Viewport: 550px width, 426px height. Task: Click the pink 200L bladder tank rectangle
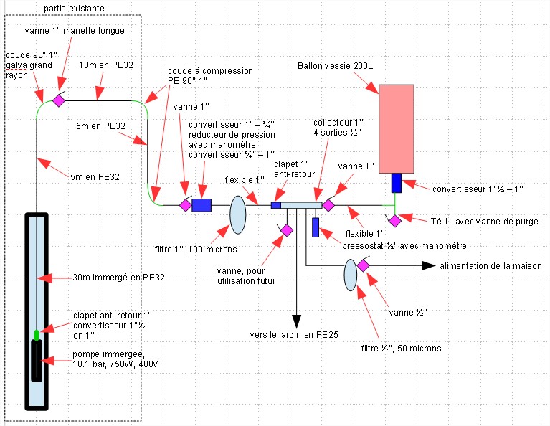[396, 128]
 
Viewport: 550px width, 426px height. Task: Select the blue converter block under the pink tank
[396, 183]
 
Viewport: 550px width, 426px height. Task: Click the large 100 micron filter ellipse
[238, 215]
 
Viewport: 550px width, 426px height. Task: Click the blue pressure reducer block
[201, 206]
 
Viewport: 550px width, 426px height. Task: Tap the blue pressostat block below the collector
[316, 227]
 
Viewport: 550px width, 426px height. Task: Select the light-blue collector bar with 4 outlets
[301, 206]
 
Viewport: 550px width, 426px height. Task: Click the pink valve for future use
[285, 229]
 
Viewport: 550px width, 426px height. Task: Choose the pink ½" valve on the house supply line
[364, 266]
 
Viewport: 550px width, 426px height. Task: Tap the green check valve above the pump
[36, 334]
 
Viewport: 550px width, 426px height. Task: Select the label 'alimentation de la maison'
[490, 265]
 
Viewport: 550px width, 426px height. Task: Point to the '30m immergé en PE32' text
[120, 277]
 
